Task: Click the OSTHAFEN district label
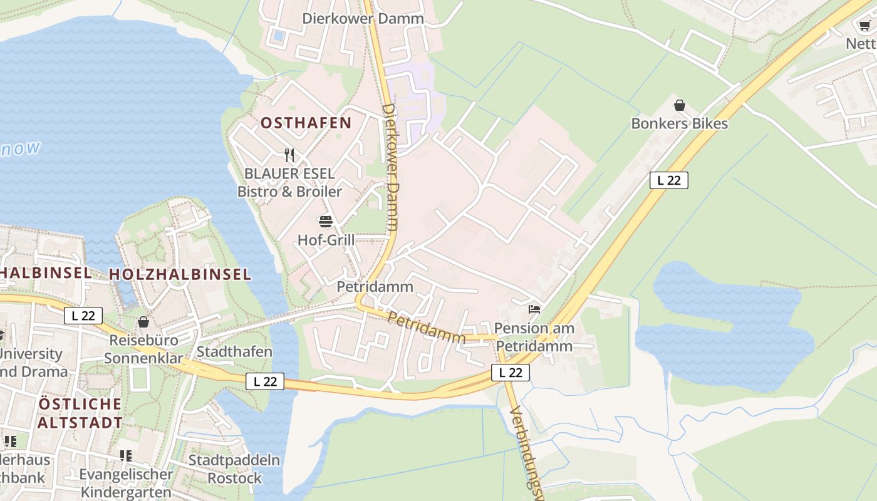(x=306, y=123)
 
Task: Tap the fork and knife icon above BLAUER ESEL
(x=289, y=155)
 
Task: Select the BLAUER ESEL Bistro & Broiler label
(x=289, y=182)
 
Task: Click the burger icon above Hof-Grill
(x=325, y=222)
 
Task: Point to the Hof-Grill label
(x=326, y=240)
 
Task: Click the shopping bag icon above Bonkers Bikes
(x=679, y=105)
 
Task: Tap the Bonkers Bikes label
(x=679, y=123)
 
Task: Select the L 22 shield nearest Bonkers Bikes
(x=668, y=180)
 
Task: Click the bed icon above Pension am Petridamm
(x=534, y=309)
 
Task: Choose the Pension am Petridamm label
(x=533, y=337)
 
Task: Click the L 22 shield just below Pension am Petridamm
(x=510, y=373)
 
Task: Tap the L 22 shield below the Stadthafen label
(x=264, y=381)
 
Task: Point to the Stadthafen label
(x=234, y=351)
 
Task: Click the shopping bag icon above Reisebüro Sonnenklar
(x=143, y=322)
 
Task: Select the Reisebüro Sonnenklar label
(x=143, y=349)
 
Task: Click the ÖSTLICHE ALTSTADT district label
(x=80, y=413)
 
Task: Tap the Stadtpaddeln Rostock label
(x=234, y=469)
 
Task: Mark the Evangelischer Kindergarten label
(x=126, y=483)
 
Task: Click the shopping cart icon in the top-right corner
(x=864, y=25)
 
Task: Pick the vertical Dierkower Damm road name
(x=390, y=168)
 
